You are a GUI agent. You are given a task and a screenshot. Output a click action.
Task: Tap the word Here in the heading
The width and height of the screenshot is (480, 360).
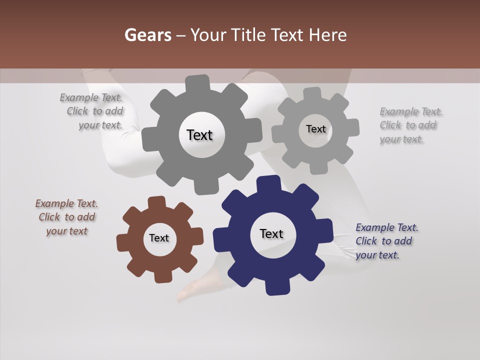coord(328,35)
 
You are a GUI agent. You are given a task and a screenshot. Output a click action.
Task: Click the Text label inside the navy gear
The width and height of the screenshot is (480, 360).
coord(271,234)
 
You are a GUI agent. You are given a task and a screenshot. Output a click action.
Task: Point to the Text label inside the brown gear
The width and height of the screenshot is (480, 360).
coord(159,238)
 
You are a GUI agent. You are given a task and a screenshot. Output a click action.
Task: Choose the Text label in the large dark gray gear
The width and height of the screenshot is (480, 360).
coord(199,135)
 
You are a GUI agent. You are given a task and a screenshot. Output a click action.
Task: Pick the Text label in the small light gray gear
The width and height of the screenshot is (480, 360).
coord(315,129)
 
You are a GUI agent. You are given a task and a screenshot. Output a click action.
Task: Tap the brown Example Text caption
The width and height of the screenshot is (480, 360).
coord(66,217)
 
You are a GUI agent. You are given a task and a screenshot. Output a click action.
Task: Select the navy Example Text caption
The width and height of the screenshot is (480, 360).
coord(386,241)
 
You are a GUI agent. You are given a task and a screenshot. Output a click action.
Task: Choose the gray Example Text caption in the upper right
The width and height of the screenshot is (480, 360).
coord(410,125)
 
